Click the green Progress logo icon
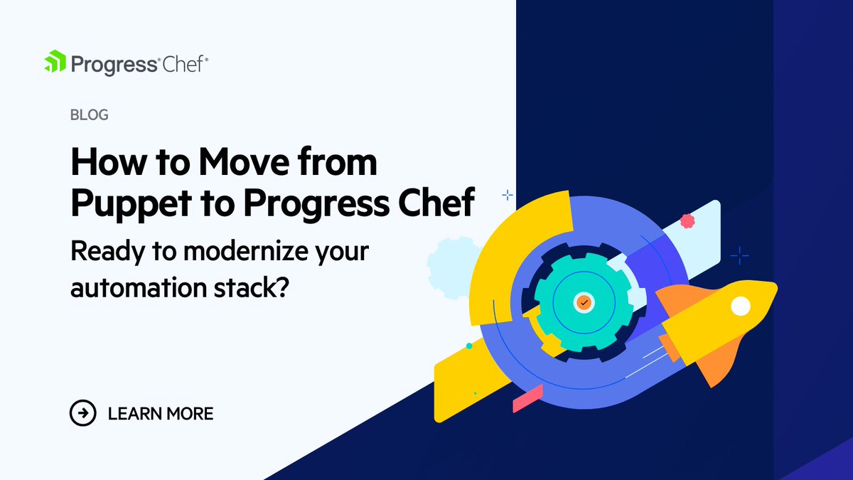click(x=55, y=63)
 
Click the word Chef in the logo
click(x=183, y=64)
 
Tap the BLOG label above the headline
click(x=90, y=114)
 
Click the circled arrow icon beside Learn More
click(x=82, y=412)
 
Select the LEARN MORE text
click(x=161, y=413)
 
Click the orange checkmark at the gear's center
click(x=584, y=302)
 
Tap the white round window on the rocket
click(x=741, y=306)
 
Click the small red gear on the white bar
click(x=687, y=221)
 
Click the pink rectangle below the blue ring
click(x=527, y=398)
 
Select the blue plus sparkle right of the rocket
click(x=740, y=254)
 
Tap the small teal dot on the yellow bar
click(x=469, y=346)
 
